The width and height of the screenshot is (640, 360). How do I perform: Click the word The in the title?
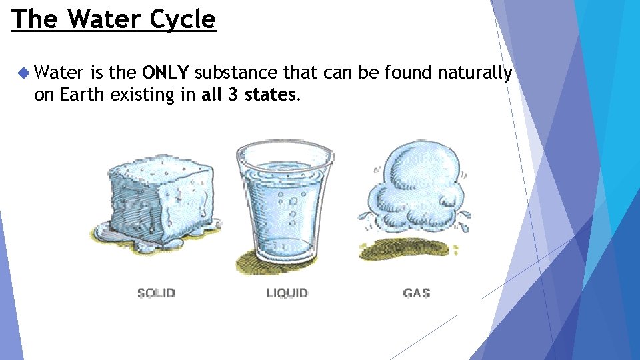coord(35,19)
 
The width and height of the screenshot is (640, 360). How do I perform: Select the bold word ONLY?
coord(167,72)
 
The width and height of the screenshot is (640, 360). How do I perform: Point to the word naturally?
coord(475,73)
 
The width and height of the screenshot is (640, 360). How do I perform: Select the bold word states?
coord(270,95)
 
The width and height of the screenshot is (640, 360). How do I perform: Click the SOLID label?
coord(156,293)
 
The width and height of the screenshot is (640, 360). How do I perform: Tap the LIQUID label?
coord(287,293)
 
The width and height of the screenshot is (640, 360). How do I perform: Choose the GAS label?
coord(417,293)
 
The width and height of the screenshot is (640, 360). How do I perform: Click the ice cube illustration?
coord(160,197)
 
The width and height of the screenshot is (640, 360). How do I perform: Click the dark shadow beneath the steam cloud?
coord(408,247)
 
